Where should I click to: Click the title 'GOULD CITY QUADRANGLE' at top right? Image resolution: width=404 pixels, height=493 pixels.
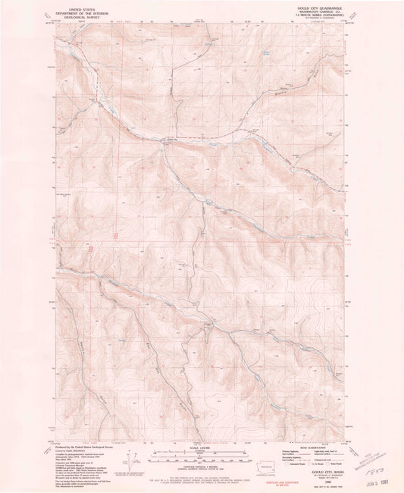tap(321, 6)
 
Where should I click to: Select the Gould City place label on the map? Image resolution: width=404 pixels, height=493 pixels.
tap(171, 138)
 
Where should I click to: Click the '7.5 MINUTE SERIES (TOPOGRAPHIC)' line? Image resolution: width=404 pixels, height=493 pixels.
tap(321, 15)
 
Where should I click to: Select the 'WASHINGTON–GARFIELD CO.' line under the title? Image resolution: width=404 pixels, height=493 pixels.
tap(321, 11)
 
